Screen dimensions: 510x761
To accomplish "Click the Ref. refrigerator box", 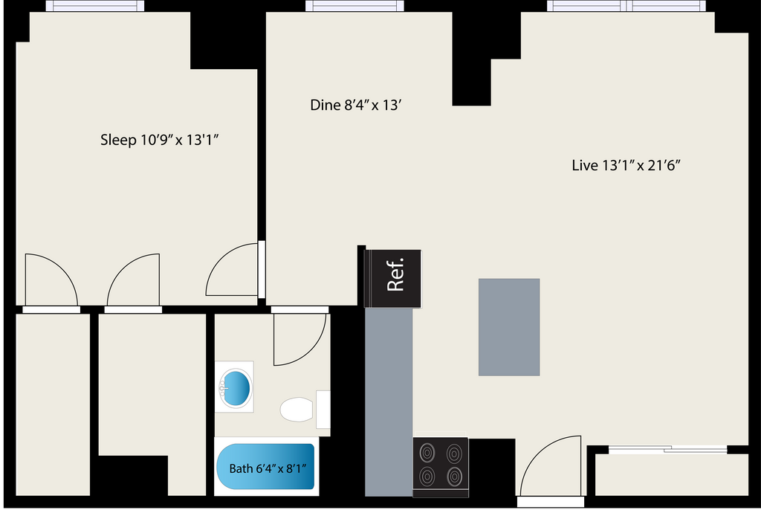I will pyautogui.click(x=394, y=278).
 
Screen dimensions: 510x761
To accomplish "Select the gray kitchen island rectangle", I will pyautogui.click(x=509, y=327).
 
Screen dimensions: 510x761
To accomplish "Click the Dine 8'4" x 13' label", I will pyautogui.click(x=356, y=106).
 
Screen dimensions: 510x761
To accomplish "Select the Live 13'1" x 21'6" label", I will pyautogui.click(x=626, y=165).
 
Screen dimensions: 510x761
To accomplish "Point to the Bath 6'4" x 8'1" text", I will pyautogui.click(x=268, y=468).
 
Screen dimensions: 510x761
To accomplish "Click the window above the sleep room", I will pyautogui.click(x=95, y=6).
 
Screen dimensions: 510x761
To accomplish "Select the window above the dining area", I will pyautogui.click(x=354, y=6).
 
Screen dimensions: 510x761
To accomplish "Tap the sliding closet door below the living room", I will pyautogui.click(x=667, y=449).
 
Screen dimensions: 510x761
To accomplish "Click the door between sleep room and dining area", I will pyautogui.click(x=233, y=272).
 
